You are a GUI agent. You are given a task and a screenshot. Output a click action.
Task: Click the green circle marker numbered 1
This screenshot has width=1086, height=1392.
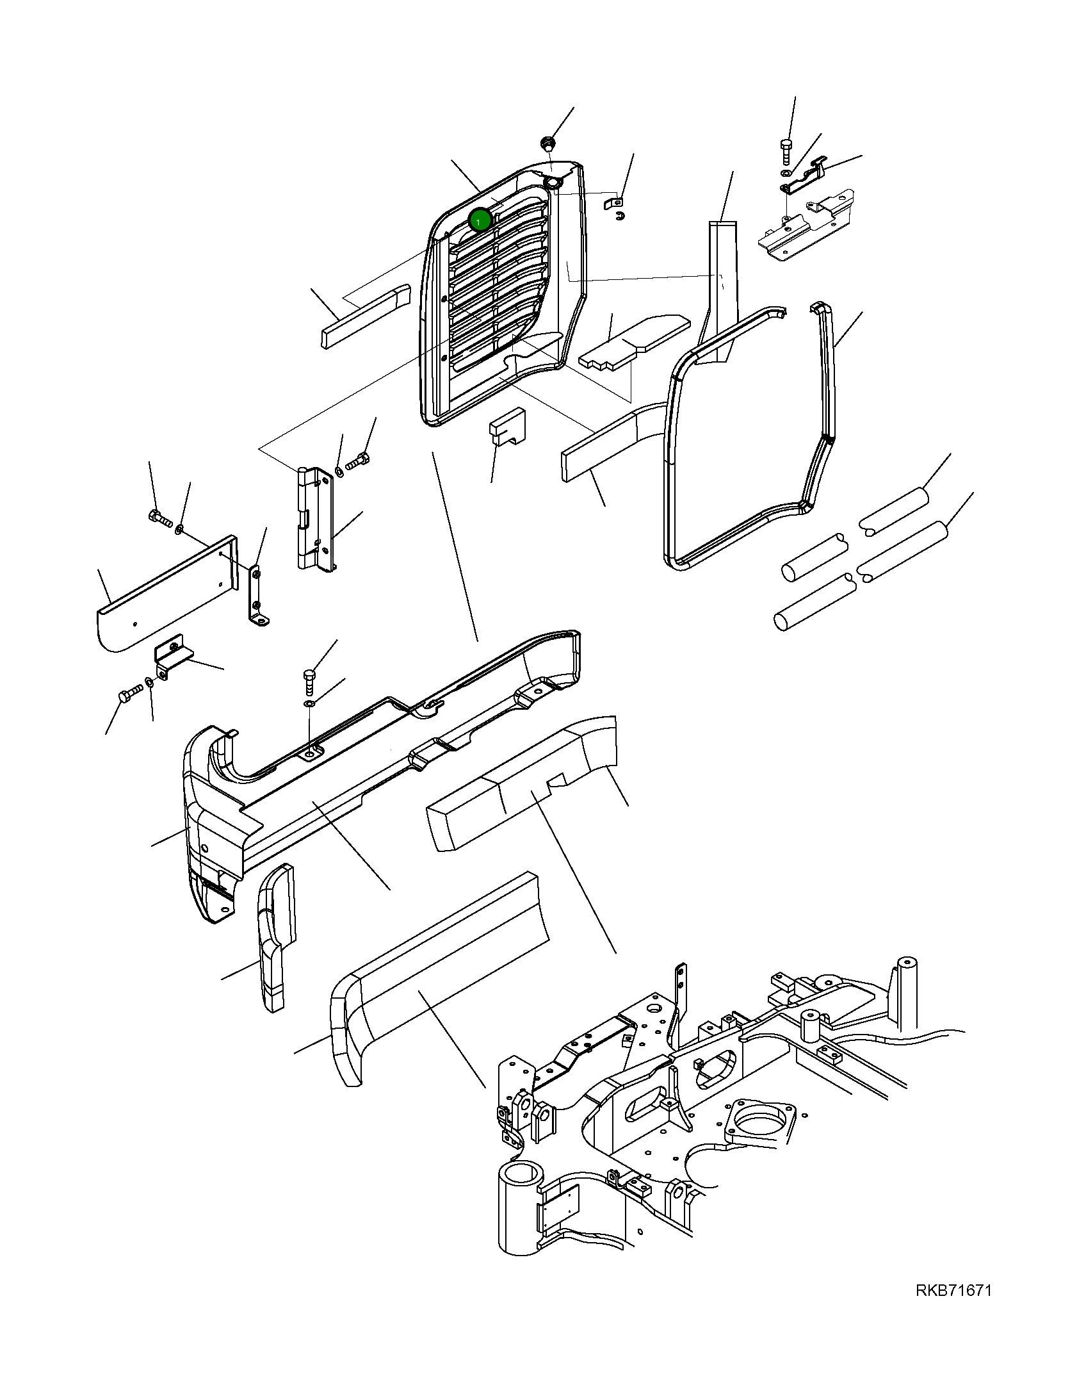tap(480, 221)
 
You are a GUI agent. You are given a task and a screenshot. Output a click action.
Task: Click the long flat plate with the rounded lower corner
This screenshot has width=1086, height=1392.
tap(166, 593)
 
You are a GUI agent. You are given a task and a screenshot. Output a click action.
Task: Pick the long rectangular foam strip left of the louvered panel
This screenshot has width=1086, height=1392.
tap(365, 316)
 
